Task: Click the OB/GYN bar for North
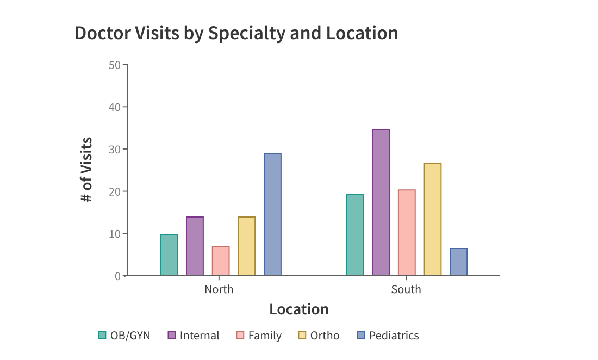[169, 255]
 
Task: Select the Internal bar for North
[195, 246]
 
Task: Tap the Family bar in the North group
[221, 261]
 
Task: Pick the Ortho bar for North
[246, 246]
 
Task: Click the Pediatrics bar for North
[272, 215]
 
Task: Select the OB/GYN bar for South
[355, 235]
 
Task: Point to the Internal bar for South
[381, 202]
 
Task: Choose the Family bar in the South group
[407, 233]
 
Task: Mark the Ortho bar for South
[433, 220]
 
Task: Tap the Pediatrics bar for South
[458, 262]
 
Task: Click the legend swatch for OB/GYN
[102, 336]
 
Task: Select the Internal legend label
[200, 336]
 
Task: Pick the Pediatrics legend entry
[394, 336]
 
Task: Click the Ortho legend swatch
[302, 336]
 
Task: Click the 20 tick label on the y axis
[115, 191]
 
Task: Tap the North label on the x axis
[219, 289]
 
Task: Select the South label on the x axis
[406, 289]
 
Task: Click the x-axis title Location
[299, 309]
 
